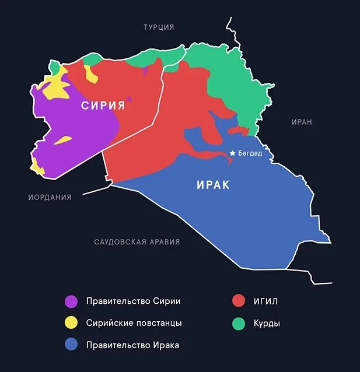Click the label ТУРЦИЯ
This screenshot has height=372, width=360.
(x=159, y=27)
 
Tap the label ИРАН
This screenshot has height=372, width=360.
(x=302, y=122)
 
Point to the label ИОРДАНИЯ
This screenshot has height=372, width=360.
(x=50, y=197)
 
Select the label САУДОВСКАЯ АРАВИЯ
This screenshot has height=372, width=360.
(x=137, y=242)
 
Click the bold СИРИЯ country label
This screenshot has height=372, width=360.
(x=103, y=106)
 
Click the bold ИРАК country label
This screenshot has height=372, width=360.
(x=212, y=185)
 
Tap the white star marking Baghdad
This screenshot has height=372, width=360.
(x=232, y=153)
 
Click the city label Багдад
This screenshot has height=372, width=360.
(x=250, y=153)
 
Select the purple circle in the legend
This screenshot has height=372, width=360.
(x=71, y=301)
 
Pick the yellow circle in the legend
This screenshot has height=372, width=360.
(x=71, y=323)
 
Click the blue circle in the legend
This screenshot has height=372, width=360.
(x=71, y=345)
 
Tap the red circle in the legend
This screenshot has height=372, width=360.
(x=238, y=301)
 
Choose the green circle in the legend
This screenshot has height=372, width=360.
(x=238, y=323)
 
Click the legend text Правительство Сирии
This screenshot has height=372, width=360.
(x=133, y=301)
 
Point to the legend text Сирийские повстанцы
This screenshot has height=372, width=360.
(x=134, y=323)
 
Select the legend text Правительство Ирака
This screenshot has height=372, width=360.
(x=132, y=345)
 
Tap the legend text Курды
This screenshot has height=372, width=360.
(x=267, y=323)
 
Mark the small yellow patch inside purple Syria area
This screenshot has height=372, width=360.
(x=63, y=141)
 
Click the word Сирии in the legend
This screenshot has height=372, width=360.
(x=167, y=301)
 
